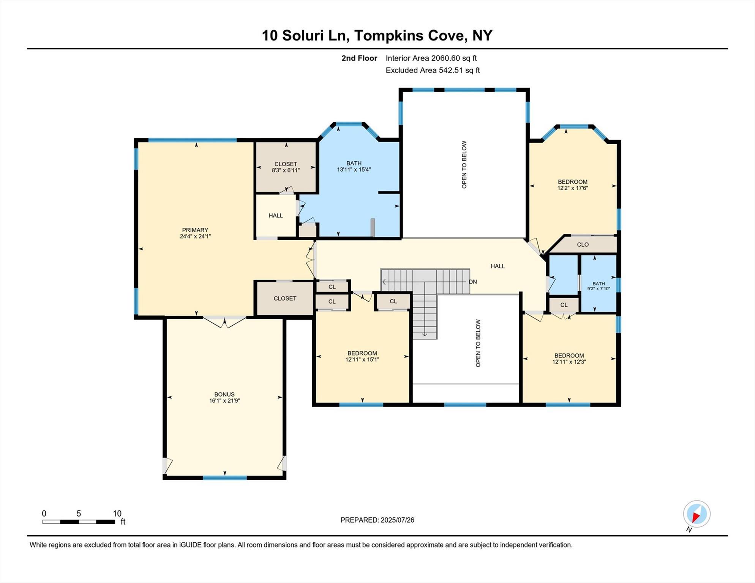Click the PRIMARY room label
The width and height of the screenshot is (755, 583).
point(195,230)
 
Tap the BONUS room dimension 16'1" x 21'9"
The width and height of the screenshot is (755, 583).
point(224,400)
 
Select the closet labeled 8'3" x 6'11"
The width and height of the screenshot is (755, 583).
point(286,167)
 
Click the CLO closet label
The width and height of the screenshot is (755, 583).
point(583,244)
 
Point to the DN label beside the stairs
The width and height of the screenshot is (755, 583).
point(472,282)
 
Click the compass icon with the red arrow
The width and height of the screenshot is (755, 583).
point(697,514)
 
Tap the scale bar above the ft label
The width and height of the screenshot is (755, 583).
point(79,522)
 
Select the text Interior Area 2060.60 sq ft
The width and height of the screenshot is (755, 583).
point(431,58)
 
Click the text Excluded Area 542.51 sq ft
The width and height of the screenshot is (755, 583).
point(433,70)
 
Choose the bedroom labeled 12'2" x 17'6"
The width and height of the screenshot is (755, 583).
point(572,185)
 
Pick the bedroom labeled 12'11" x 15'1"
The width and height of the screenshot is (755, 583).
point(362,356)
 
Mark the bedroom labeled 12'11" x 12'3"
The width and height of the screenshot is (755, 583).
point(569,359)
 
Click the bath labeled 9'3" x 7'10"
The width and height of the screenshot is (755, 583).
point(599,286)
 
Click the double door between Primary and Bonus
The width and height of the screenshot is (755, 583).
point(224,322)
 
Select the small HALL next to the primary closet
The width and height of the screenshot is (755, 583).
point(275,216)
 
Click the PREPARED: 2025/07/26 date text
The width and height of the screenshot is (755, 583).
point(377,520)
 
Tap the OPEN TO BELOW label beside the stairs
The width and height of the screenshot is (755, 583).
point(478,343)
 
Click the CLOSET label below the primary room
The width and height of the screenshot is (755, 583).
point(285,298)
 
